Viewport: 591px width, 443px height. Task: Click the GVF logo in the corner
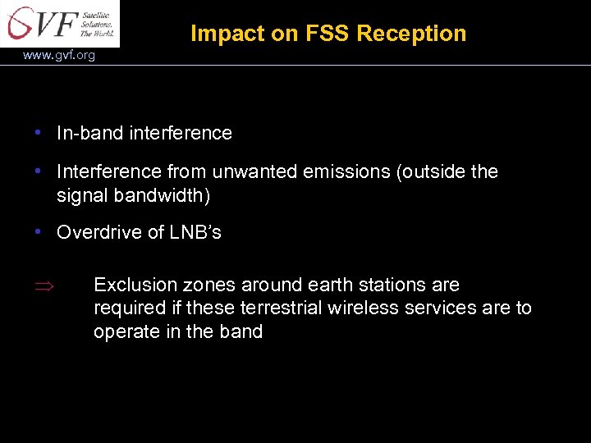[59, 23]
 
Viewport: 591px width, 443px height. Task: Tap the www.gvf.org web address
[59, 56]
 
